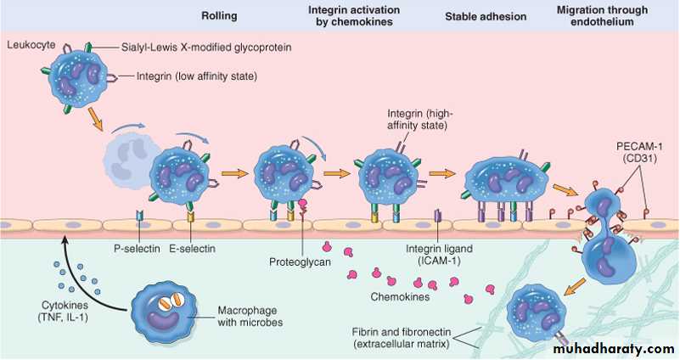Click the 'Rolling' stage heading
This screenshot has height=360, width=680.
coord(218,15)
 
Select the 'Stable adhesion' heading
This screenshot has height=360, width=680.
coord(486,15)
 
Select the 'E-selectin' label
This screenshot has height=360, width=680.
coord(192,248)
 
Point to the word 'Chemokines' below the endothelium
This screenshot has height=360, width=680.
coord(398,298)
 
